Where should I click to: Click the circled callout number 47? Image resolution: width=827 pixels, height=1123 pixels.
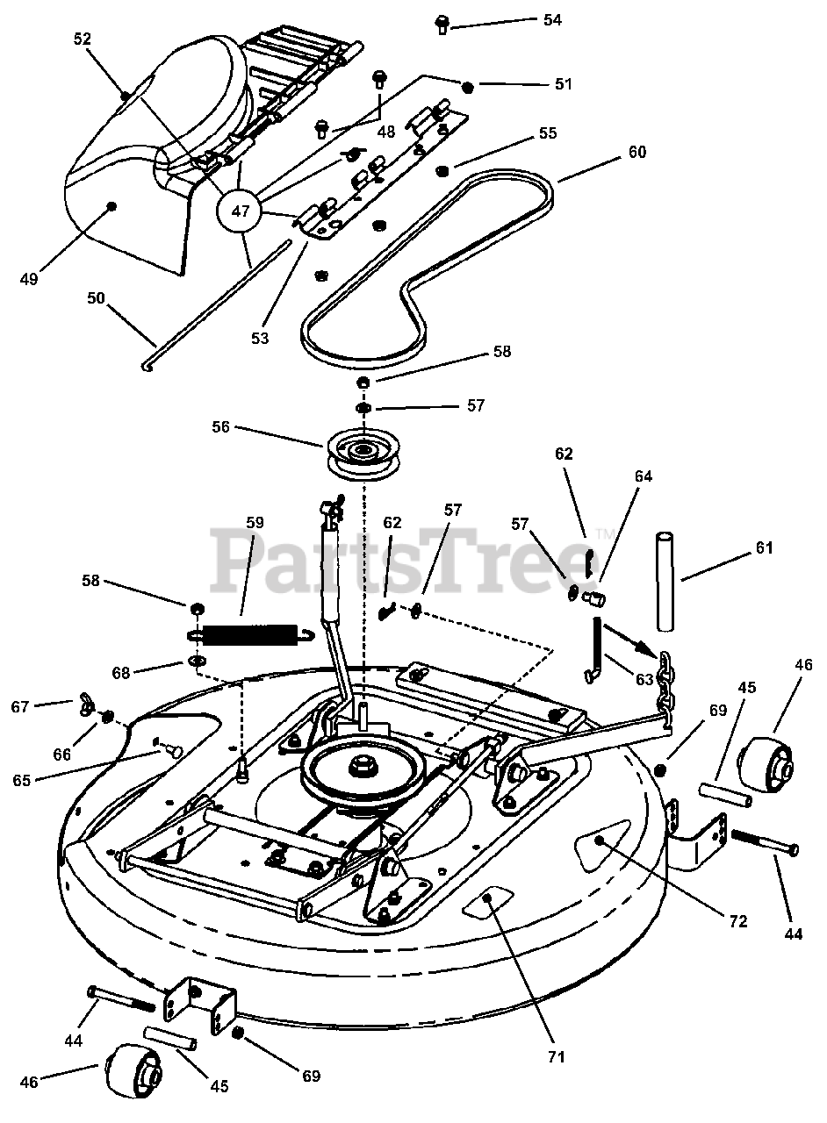pyautogui.click(x=241, y=210)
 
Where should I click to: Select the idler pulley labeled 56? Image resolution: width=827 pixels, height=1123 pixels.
pyautogui.click(x=360, y=452)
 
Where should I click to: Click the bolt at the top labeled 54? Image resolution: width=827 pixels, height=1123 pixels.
pyautogui.click(x=442, y=23)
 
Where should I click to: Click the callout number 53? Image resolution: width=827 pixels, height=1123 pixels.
pyautogui.click(x=259, y=337)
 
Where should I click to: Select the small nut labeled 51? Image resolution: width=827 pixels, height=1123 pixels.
pyautogui.click(x=469, y=86)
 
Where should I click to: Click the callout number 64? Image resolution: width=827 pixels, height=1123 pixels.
pyautogui.click(x=644, y=476)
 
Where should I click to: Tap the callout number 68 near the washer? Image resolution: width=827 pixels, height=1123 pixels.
pyautogui.click(x=121, y=672)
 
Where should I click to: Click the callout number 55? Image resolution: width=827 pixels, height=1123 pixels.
pyautogui.click(x=547, y=133)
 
